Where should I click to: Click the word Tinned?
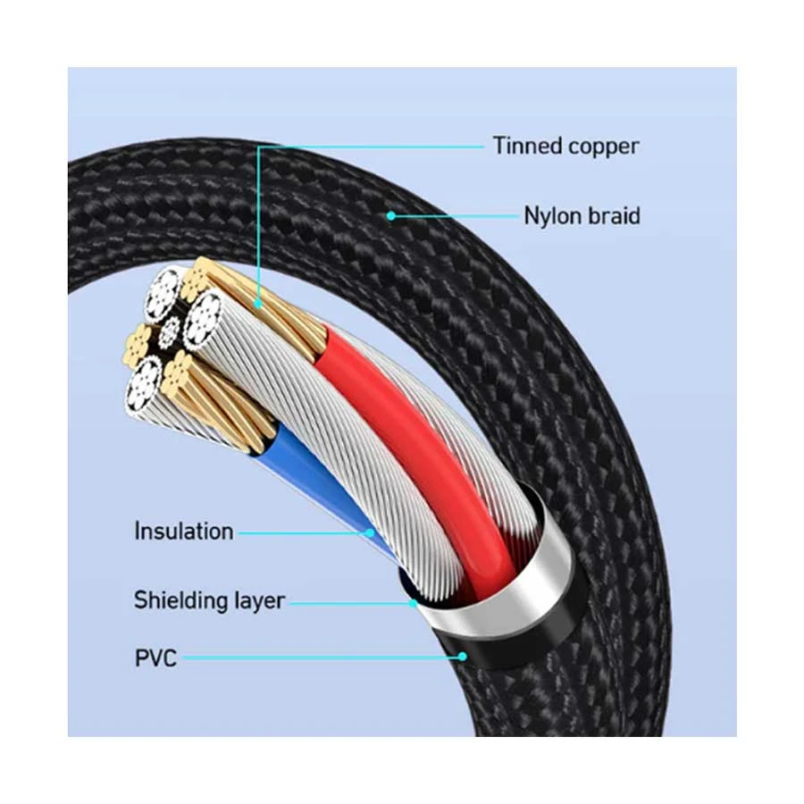point(527,146)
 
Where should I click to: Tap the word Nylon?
point(553,216)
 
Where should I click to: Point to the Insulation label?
point(183,532)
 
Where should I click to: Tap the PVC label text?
point(155,657)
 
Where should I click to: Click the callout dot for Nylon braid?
point(391,216)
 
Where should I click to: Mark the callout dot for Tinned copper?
point(257,304)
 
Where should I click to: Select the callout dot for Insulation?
point(369,532)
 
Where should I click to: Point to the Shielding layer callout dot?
point(414,603)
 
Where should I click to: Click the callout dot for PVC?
point(463,656)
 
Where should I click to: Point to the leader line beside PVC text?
point(321,657)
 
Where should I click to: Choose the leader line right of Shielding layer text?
point(349,603)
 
